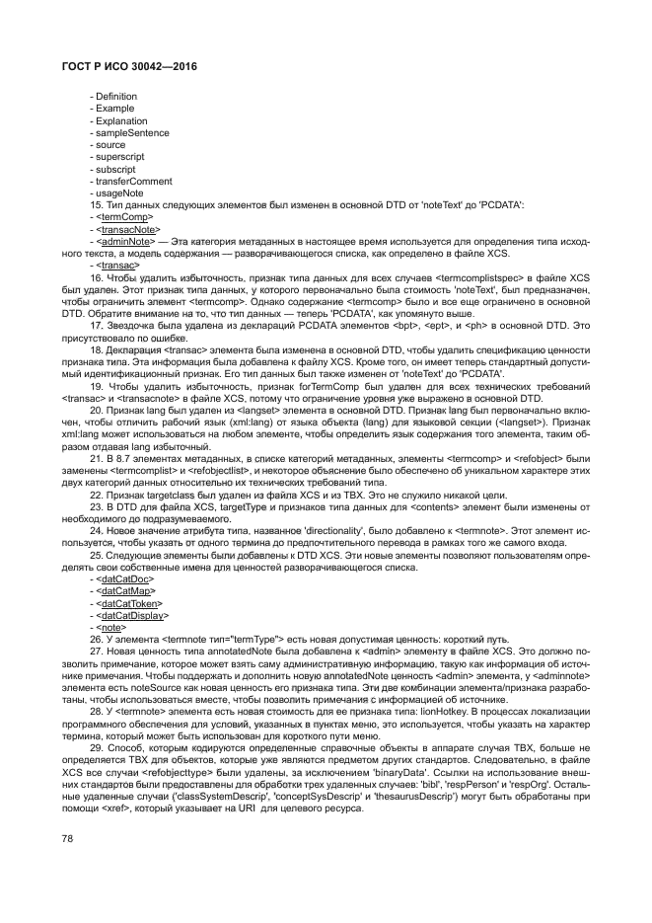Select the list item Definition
tap(116, 96)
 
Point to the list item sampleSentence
tap(131, 132)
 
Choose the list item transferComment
tap(134, 182)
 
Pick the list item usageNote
tap(119, 193)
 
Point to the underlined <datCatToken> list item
tap(133, 602)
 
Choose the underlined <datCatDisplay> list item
tap(135, 614)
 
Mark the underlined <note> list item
tap(113, 627)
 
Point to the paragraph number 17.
tap(96, 326)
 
